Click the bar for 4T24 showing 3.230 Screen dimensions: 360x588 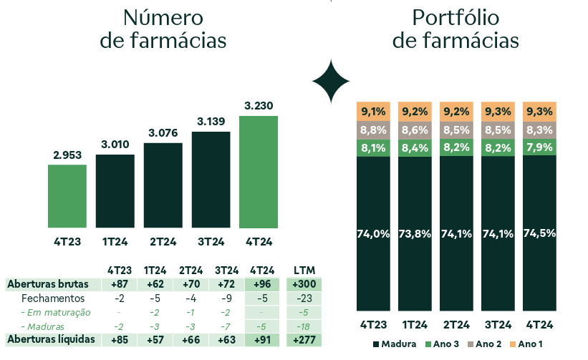[x=258, y=172]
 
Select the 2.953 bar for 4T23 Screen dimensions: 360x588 [x=67, y=196]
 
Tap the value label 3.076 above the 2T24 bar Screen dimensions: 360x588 [x=163, y=132]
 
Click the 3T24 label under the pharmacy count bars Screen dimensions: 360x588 [x=211, y=241]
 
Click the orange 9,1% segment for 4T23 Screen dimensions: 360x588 [x=373, y=111]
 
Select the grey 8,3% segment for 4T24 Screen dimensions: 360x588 [x=539, y=130]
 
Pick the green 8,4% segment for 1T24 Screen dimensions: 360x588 [x=415, y=148]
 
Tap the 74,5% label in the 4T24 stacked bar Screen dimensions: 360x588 [x=539, y=233]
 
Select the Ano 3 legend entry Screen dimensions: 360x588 [x=440, y=344]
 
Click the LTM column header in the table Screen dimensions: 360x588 [x=304, y=270]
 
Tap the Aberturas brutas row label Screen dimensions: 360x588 [x=47, y=284]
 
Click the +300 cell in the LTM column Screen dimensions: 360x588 [x=304, y=284]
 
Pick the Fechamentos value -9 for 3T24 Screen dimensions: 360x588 [x=226, y=298]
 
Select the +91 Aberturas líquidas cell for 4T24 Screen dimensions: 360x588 [x=261, y=339]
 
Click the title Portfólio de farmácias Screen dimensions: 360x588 [x=456, y=29]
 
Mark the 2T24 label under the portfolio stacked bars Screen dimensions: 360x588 [x=456, y=323]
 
